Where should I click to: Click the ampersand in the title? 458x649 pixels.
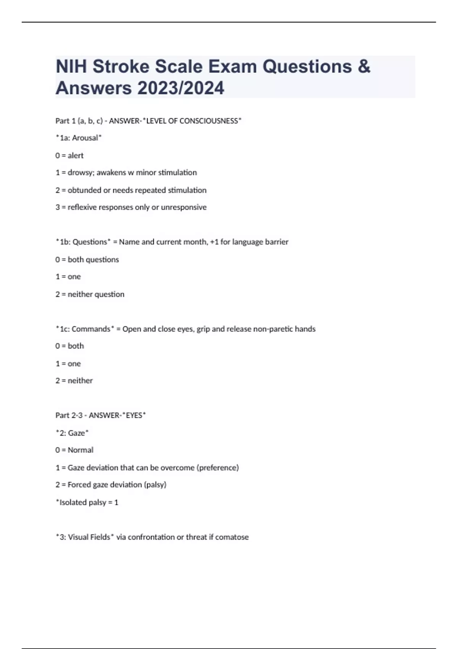coord(364,66)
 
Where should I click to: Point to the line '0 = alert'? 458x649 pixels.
coord(69,155)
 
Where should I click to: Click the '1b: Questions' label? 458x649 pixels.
coord(83,242)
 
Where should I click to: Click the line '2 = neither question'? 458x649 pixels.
coord(90,294)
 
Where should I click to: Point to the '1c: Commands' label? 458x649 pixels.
coord(85,329)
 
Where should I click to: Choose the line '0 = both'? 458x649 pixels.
coord(69,346)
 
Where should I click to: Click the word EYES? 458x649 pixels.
coord(134,415)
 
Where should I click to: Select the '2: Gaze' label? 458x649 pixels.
coord(72,433)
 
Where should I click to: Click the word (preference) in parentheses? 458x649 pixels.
coord(218,468)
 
